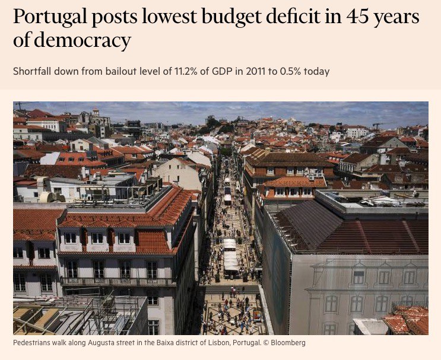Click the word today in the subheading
pyautogui.click(x=318, y=71)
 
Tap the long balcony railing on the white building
pyautogui.click(x=119, y=282)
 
